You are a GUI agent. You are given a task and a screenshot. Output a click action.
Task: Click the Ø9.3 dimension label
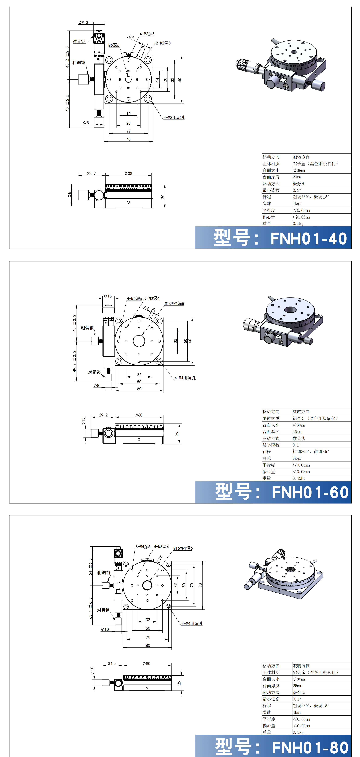83,23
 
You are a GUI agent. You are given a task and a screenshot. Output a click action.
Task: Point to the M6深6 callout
114,45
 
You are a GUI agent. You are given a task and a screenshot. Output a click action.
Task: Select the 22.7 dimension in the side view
91,174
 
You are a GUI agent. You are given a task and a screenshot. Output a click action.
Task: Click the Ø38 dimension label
128,174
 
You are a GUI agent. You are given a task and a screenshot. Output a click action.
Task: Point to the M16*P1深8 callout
174,304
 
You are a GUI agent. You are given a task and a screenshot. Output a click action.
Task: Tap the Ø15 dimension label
108,296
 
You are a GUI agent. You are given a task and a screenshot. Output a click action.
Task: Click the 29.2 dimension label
103,415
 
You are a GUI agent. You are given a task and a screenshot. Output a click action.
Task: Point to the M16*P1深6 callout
183,548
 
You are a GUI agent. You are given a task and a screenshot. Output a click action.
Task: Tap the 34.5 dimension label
112,664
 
